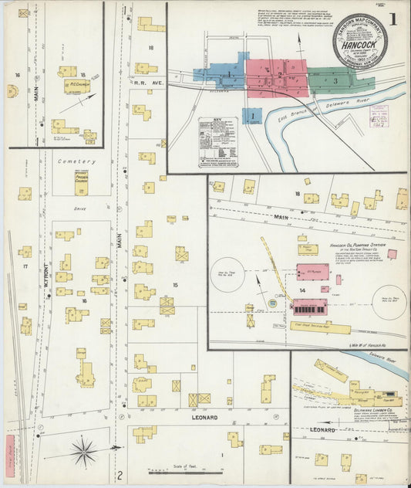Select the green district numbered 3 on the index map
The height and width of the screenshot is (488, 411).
click(336, 80)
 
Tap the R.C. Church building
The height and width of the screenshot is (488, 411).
click(77, 86)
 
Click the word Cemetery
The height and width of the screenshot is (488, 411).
click(74, 162)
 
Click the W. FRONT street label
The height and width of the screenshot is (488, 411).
click(45, 267)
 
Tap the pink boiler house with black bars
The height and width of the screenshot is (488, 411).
click(309, 307)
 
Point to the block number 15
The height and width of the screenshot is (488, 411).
click(175, 286)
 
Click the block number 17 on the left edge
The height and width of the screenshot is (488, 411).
click(25, 266)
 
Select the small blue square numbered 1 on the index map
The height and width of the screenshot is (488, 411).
click(251, 116)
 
